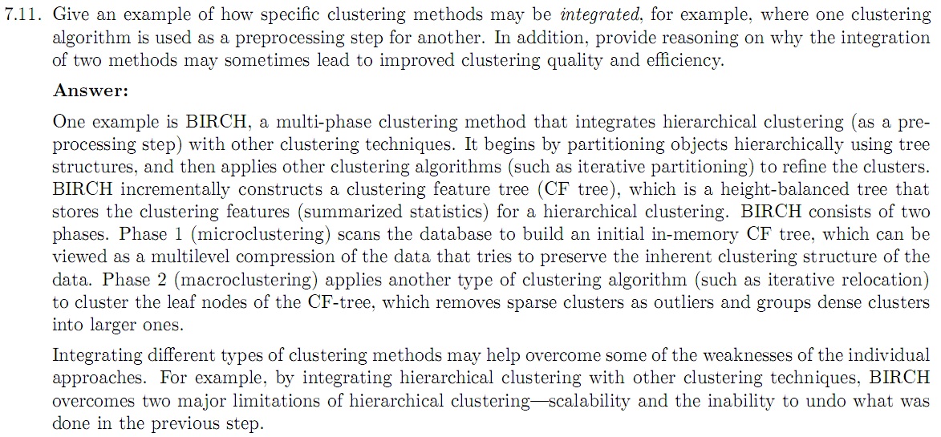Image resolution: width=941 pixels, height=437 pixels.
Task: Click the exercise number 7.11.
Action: click(x=22, y=15)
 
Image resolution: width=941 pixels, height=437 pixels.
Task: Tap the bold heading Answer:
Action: click(x=91, y=91)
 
